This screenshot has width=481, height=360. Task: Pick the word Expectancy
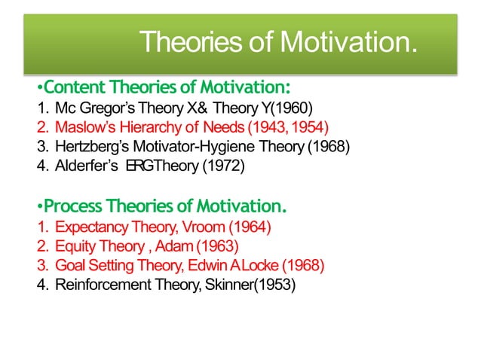point(91,226)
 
